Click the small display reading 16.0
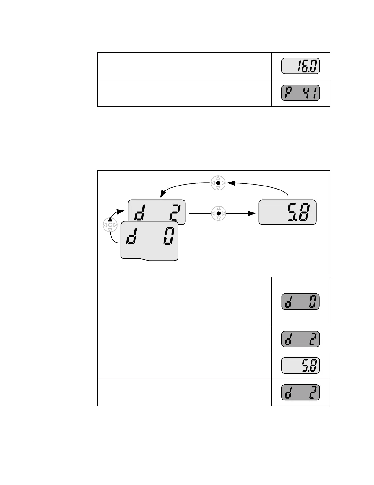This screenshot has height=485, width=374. [300, 66]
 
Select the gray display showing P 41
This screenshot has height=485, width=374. [300, 93]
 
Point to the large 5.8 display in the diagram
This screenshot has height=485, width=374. [287, 212]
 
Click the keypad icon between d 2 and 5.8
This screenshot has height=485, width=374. [218, 213]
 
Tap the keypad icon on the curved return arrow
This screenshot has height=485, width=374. [218, 183]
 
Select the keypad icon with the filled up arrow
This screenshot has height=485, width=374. [110, 225]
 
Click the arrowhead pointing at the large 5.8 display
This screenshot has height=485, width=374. [252, 213]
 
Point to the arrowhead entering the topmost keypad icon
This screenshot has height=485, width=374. [231, 183]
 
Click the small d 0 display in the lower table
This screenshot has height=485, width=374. [300, 302]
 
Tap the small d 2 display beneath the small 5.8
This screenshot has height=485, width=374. [300, 392]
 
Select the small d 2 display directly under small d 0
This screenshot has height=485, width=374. [300, 339]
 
